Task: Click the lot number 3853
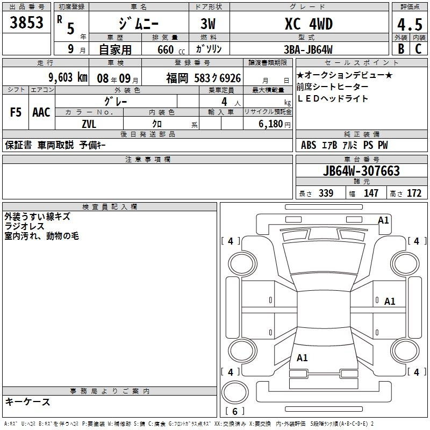26,22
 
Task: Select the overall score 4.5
410,24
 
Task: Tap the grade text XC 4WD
309,24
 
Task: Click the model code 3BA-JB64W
308,49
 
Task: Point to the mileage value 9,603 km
68,77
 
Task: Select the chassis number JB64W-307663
361,171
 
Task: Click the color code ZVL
89,124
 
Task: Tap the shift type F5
16,112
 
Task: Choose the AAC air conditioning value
41,112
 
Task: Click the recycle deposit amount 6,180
271,124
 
